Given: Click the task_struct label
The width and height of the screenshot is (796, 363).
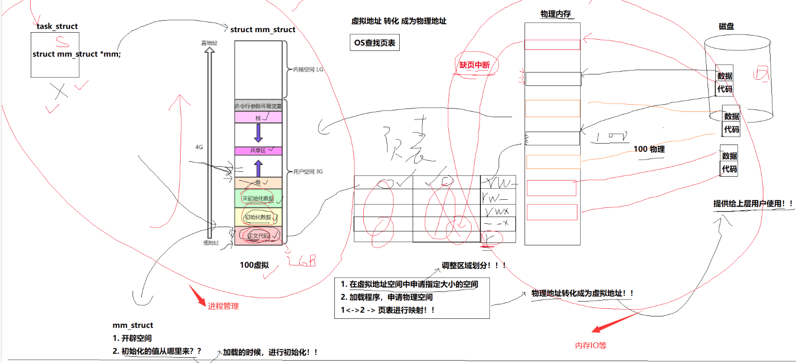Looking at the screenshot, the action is (x=57, y=26).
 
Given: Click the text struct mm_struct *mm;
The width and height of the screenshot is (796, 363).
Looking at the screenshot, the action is (x=76, y=54).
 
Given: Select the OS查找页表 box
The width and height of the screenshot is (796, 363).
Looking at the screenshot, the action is (x=375, y=43).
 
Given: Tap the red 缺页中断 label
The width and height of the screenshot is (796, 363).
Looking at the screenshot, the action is (x=475, y=65).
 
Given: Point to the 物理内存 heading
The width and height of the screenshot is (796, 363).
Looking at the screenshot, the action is (x=555, y=14).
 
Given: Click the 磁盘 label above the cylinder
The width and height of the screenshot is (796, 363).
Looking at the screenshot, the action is (x=726, y=26).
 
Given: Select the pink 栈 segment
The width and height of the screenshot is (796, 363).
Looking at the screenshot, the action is (x=258, y=118).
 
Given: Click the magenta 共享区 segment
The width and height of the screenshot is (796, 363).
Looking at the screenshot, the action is (x=258, y=151).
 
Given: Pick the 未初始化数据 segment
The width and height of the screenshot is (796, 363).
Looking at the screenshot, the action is (x=258, y=198).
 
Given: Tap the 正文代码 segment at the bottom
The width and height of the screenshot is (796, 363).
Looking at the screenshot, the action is (x=258, y=236).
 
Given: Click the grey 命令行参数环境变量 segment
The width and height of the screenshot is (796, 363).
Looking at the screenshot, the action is (x=258, y=106).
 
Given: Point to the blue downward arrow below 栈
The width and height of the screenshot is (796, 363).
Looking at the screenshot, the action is (x=258, y=133).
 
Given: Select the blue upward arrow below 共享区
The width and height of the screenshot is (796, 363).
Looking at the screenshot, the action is (x=258, y=168).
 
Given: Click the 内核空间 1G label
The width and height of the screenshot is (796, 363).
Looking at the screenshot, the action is (x=308, y=70).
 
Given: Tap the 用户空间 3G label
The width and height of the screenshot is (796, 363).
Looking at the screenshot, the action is (x=308, y=171).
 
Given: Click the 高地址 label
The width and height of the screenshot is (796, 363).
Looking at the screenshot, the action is (x=209, y=43).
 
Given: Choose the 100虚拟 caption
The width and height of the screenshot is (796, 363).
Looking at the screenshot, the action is (x=254, y=265).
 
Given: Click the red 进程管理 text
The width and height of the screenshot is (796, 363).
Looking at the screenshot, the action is (x=223, y=306).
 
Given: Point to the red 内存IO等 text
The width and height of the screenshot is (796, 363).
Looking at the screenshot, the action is (x=591, y=345).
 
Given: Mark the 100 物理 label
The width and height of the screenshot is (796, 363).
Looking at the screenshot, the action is (x=649, y=149).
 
